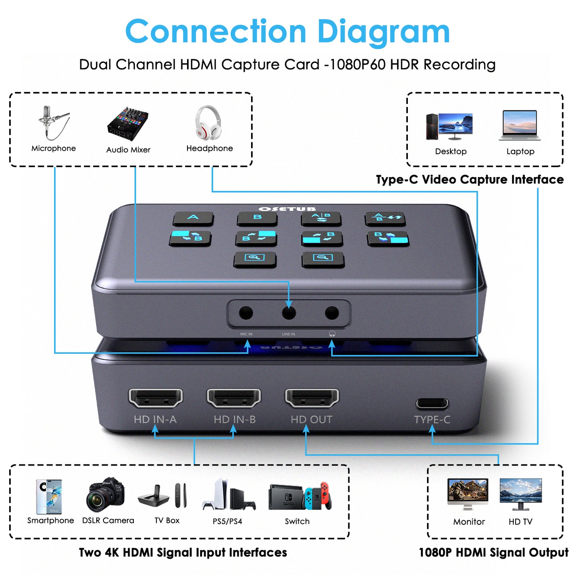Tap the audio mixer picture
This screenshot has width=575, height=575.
tap(128, 123)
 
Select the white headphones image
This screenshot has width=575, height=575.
tap(208, 123)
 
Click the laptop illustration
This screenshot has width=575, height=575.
tap(520, 125)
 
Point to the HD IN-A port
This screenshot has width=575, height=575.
tap(156, 398)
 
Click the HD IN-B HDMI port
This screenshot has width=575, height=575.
tap(234, 398)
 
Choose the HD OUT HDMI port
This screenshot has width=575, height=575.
tap(312, 398)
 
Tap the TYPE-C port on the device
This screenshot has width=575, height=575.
tap(432, 404)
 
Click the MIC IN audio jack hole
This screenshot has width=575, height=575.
tap(246, 313)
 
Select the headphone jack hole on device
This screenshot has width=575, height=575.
tap(332, 313)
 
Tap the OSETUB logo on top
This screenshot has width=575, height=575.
tap(287, 209)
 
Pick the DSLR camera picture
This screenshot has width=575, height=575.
tap(105, 495)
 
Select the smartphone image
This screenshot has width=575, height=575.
tap(49, 497)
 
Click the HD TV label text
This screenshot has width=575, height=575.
tap(520, 522)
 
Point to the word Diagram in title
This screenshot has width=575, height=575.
tap(383, 32)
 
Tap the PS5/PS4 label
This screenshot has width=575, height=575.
tap(227, 521)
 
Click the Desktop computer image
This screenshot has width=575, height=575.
tap(449, 127)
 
